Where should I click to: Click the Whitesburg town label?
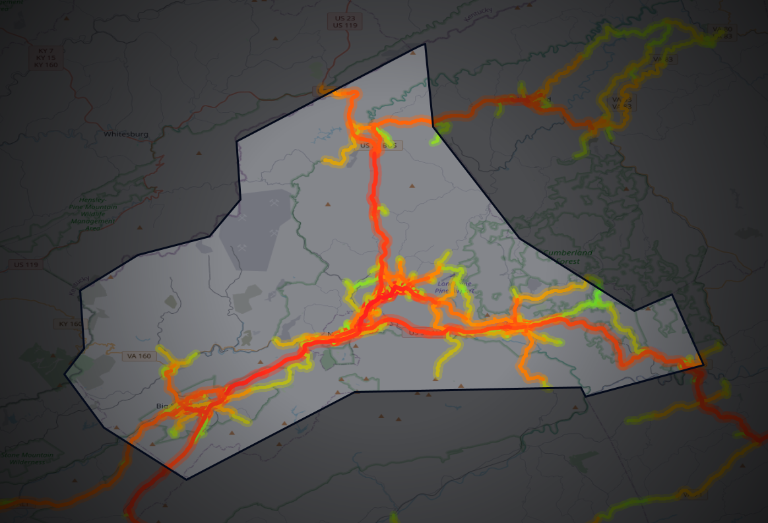(126, 134)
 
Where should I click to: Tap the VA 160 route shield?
(139, 356)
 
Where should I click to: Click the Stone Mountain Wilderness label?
(28, 458)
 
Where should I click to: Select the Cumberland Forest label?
(567, 257)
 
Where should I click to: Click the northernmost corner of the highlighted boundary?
(425, 44)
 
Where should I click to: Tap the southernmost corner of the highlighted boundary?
(186, 479)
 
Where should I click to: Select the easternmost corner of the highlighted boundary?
(703, 364)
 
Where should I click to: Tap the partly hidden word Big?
(162, 405)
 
